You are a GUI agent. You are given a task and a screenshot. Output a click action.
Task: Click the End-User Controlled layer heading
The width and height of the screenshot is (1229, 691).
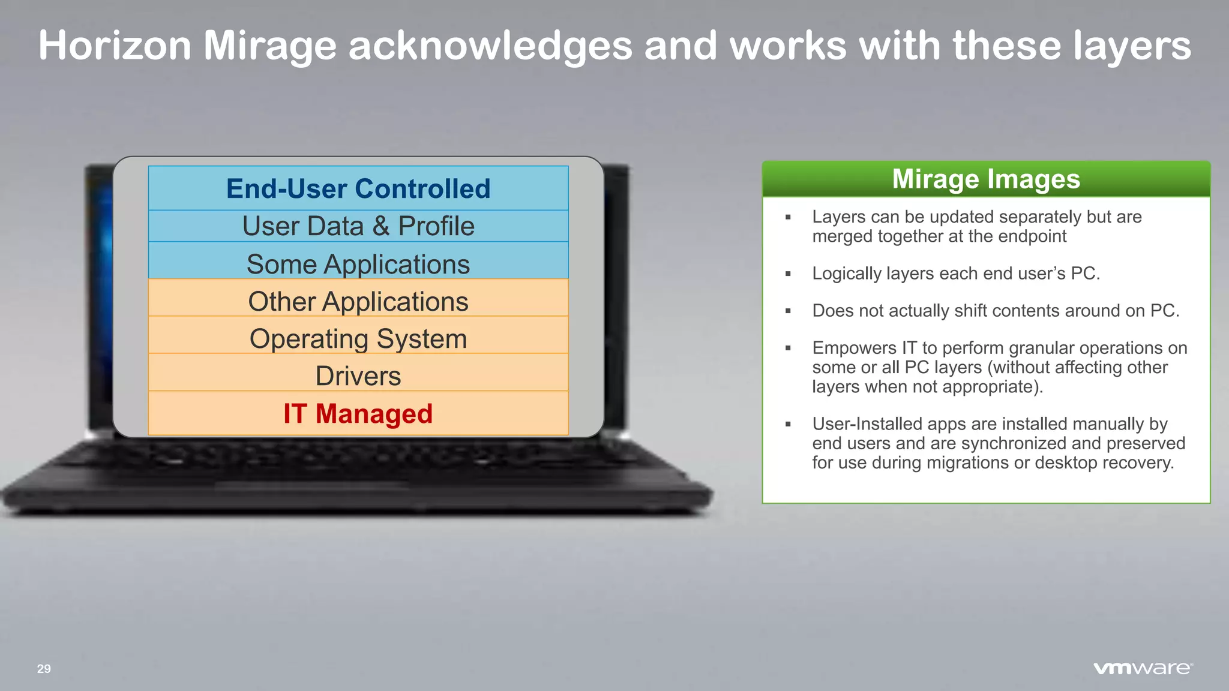(358, 189)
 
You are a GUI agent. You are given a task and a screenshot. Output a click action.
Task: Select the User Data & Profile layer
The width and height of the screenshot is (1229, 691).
(358, 227)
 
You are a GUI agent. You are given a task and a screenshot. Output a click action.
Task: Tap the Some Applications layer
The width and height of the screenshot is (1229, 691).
(358, 265)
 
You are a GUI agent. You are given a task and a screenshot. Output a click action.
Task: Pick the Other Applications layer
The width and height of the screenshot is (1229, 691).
(358, 302)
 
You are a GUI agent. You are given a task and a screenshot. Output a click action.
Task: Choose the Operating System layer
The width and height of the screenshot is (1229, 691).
(358, 339)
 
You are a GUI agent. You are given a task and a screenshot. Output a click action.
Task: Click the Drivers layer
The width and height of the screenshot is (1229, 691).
(358, 377)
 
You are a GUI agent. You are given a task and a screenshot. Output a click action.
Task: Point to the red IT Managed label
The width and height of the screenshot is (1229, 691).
(358, 414)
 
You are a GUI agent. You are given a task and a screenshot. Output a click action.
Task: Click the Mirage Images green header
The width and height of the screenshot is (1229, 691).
(986, 179)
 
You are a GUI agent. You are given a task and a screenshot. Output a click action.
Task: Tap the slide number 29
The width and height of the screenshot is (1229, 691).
(44, 669)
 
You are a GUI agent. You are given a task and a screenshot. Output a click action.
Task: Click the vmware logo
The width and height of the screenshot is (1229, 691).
(1143, 668)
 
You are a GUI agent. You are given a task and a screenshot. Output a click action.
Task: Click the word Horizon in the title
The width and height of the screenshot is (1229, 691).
(115, 46)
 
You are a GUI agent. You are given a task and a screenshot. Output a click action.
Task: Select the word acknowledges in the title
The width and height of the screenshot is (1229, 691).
(490, 46)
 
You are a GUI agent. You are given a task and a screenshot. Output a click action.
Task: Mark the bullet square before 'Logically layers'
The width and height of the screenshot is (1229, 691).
(788, 274)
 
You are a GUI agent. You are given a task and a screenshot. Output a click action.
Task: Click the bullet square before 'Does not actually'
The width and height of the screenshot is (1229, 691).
(788, 311)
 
